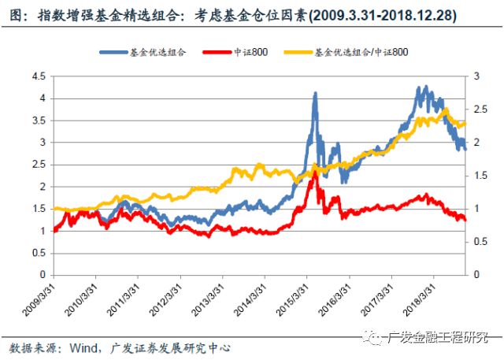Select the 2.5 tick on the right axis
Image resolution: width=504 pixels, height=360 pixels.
tap(474, 109)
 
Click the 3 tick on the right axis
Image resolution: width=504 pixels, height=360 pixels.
tap(470, 76)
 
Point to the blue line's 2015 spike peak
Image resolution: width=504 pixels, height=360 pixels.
tap(315, 93)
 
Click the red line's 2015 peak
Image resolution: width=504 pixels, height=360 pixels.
tap(315, 170)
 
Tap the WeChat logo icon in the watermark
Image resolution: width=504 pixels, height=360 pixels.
tap(372, 336)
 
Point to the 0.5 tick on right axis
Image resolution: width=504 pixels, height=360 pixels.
tap(474, 241)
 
